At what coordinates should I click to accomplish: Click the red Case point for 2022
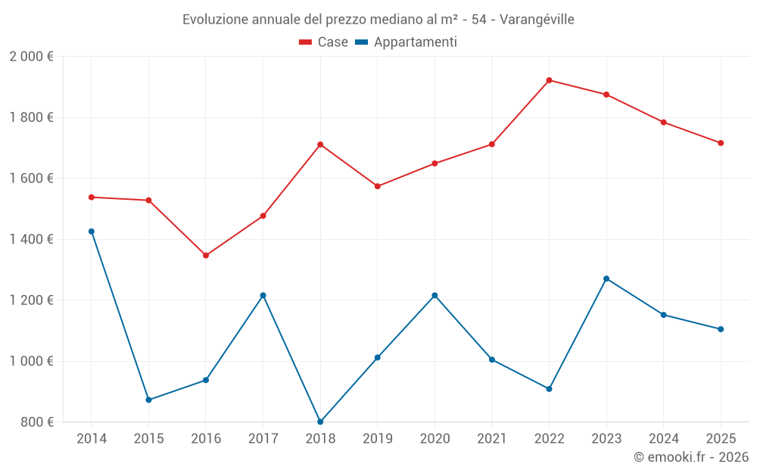(x=549, y=80)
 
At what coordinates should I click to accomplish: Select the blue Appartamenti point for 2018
(x=320, y=422)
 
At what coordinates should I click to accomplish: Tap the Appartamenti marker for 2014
(x=92, y=232)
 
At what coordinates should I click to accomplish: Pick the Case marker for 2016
(x=206, y=255)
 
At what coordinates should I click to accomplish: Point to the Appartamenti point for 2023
(x=606, y=279)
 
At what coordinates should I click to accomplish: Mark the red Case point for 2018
(x=320, y=145)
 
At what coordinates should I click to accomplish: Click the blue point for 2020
(x=435, y=295)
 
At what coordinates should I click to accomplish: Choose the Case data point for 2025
(x=721, y=143)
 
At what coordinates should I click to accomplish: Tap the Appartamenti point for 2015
(x=148, y=400)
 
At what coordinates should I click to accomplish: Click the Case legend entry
(x=324, y=42)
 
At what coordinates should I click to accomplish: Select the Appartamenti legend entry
(x=407, y=42)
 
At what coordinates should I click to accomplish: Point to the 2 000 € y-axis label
(x=31, y=57)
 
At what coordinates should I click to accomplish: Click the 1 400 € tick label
(x=31, y=239)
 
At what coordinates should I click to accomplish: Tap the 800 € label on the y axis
(x=36, y=422)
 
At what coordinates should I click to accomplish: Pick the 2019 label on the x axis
(x=377, y=439)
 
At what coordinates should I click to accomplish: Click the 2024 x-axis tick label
(x=663, y=439)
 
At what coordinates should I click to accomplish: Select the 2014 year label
(x=92, y=439)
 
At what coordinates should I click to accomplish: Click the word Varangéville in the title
(x=537, y=19)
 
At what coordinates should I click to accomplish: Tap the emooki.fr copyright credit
(x=691, y=457)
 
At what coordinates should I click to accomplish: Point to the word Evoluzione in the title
(x=215, y=19)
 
